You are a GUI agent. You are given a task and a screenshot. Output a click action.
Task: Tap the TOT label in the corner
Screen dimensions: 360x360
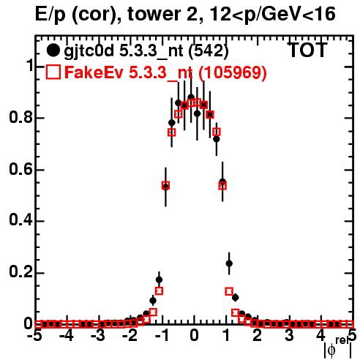coord(307,50)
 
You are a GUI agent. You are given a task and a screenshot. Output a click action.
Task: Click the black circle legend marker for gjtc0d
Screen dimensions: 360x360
coord(53,50)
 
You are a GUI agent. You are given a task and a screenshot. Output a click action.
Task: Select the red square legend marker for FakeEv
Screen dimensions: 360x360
coord(53,72)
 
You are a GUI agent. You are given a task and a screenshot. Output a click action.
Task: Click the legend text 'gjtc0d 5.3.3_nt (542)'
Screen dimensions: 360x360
coord(146,51)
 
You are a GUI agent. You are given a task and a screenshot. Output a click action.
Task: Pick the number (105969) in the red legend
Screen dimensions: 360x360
coord(233,72)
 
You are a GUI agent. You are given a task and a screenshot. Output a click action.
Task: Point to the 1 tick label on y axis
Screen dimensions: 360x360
coord(29,65)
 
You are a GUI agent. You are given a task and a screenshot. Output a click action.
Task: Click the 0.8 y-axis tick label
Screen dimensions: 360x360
coord(21,117)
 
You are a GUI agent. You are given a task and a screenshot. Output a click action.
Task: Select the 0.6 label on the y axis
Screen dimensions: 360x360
coord(21,169)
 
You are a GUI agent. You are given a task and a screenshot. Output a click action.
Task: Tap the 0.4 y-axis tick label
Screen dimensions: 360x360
coord(21,220)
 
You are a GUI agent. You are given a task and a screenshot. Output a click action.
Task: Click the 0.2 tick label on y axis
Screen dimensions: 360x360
coord(21,272)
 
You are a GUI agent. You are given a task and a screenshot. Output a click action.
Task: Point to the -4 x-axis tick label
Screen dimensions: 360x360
coord(67,335)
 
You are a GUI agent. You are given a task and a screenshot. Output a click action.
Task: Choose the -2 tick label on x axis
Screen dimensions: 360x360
coord(130,335)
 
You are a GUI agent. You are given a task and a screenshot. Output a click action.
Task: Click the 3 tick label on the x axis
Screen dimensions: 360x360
coord(289,335)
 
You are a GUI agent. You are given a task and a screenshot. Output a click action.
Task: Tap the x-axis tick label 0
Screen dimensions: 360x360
coord(194,335)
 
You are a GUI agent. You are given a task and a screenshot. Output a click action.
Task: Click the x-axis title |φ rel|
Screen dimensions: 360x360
coord(338,348)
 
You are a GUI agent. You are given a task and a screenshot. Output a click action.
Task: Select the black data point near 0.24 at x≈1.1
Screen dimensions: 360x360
coord(229,263)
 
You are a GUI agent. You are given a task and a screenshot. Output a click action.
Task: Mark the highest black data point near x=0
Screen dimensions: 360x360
coord(191,97)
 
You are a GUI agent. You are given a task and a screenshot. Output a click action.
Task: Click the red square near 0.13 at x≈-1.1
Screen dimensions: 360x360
coord(159,291)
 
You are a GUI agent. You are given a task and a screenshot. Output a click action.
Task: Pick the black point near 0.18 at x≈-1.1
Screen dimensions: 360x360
coord(159,280)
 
